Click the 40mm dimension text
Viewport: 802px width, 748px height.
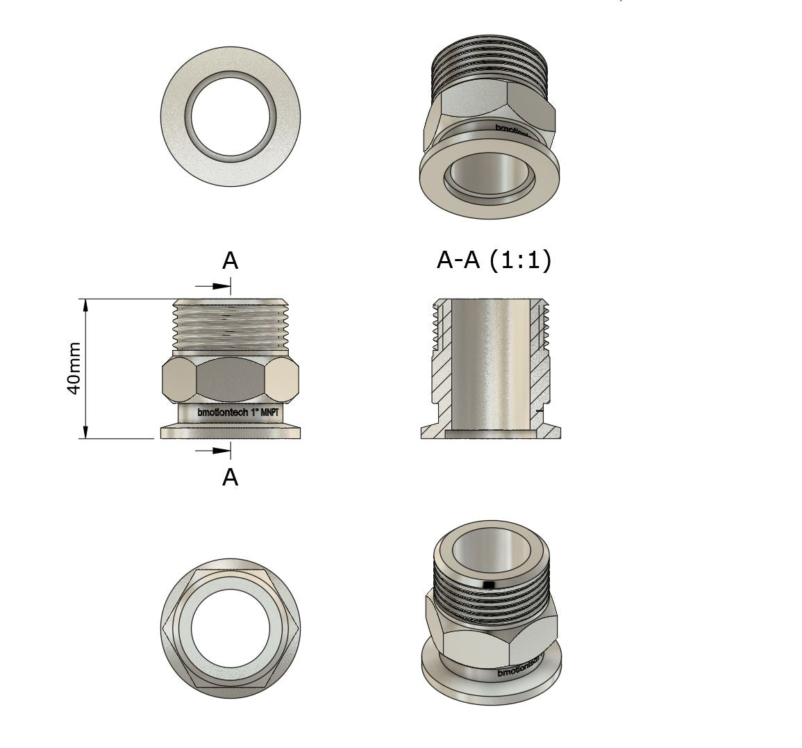(x=74, y=368)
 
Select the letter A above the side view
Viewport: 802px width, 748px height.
(x=230, y=261)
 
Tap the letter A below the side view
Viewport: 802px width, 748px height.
(x=230, y=478)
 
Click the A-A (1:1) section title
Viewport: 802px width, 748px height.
(x=494, y=260)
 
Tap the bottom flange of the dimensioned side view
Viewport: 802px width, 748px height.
(x=231, y=432)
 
